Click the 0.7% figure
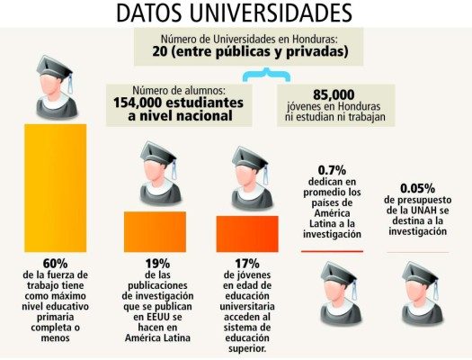333,169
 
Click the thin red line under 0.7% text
332,251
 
